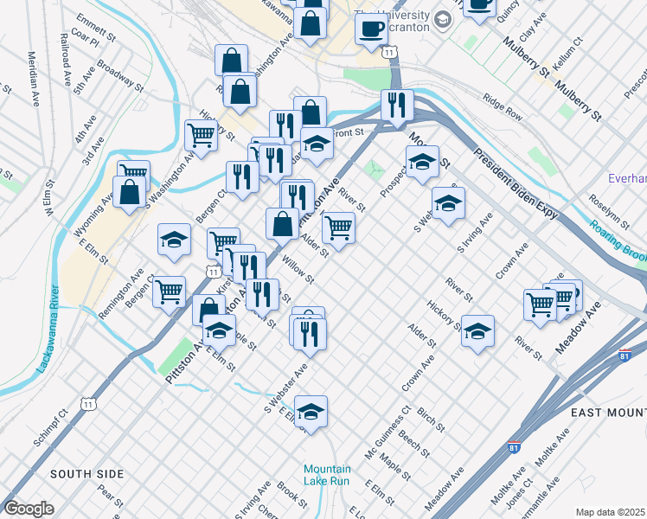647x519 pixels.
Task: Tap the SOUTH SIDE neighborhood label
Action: pyautogui.click(x=86, y=474)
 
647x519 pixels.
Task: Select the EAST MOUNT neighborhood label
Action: pyautogui.click(x=609, y=413)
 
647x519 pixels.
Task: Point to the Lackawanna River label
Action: pyautogui.click(x=46, y=329)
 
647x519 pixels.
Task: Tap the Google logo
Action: pyautogui.click(x=29, y=509)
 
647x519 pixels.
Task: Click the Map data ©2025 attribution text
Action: pyautogui.click(x=610, y=512)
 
